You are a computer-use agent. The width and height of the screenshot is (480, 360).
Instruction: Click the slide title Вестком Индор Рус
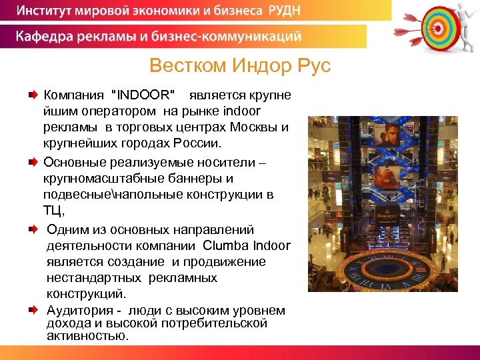239,67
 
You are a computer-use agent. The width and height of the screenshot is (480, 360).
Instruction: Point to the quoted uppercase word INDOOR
145,95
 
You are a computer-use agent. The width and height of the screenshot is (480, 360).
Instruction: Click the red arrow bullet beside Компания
32,96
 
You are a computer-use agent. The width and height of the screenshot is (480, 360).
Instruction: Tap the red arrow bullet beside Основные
32,162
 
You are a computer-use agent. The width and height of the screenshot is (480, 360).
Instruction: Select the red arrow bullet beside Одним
32,229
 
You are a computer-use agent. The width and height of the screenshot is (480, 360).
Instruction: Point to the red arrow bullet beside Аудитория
32,310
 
